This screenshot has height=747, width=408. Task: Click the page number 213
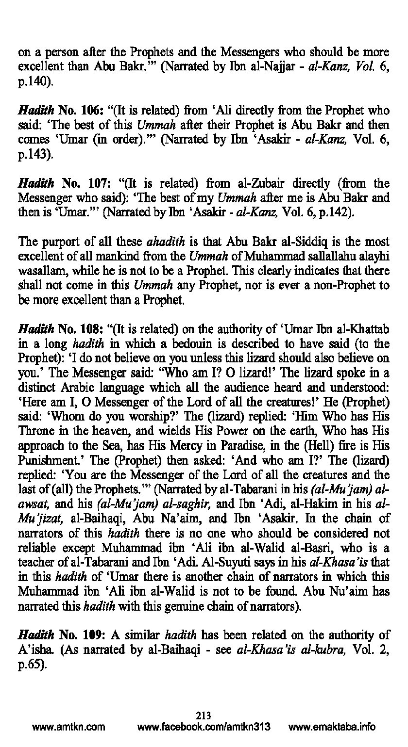point(204,715)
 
